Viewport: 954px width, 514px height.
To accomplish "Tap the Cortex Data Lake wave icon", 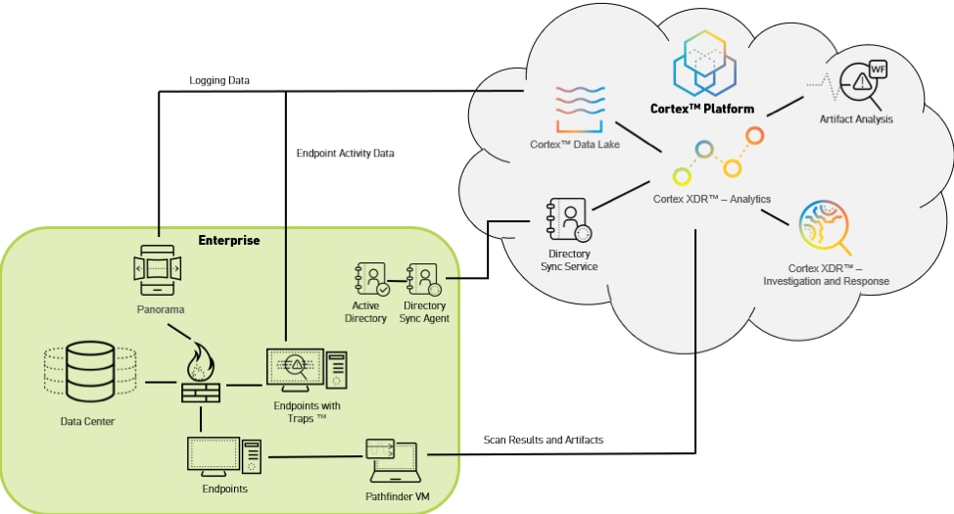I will click(580, 108).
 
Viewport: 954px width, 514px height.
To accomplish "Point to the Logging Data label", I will click(219, 80).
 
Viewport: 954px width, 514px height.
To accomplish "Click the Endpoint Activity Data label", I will click(345, 153).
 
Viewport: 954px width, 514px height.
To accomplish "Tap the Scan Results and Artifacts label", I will click(544, 440).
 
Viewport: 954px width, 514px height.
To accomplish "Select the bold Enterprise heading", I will click(228, 240).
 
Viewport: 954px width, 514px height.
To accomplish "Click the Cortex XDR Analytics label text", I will click(711, 199).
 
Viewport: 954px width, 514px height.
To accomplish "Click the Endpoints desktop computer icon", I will click(224, 457).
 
